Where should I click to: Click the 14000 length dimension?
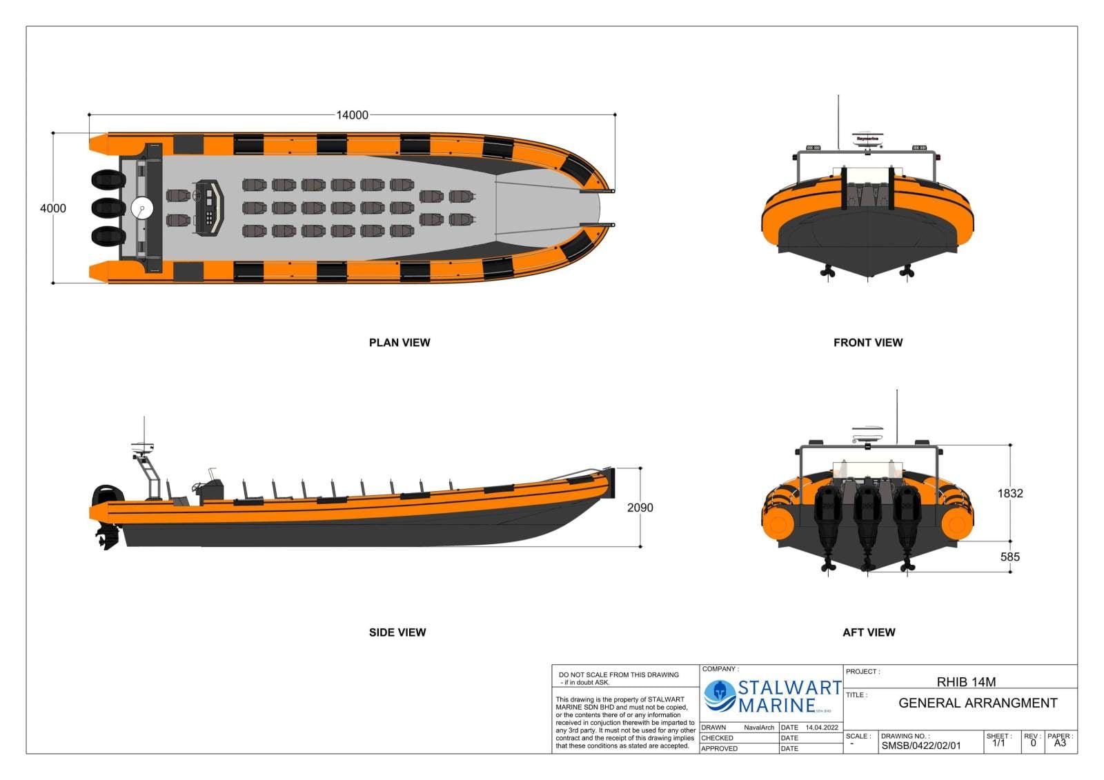[x=352, y=115]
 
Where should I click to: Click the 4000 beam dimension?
[x=53, y=208]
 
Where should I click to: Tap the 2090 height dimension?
[x=640, y=508]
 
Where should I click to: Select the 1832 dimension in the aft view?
[x=1009, y=493]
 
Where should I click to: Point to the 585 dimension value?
[x=1009, y=557]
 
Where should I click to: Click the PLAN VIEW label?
[x=399, y=343]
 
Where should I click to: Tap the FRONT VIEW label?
[x=867, y=343]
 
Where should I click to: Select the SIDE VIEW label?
[x=397, y=632]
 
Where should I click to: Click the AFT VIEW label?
[x=868, y=632]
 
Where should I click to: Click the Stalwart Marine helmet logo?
[x=719, y=695]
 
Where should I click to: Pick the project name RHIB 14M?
[x=966, y=681]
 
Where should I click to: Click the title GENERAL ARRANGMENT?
[x=977, y=703]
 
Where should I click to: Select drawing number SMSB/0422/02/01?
[x=920, y=746]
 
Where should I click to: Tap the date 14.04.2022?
[x=822, y=728]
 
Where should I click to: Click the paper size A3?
[x=1060, y=743]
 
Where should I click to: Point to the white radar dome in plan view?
[x=141, y=208]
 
